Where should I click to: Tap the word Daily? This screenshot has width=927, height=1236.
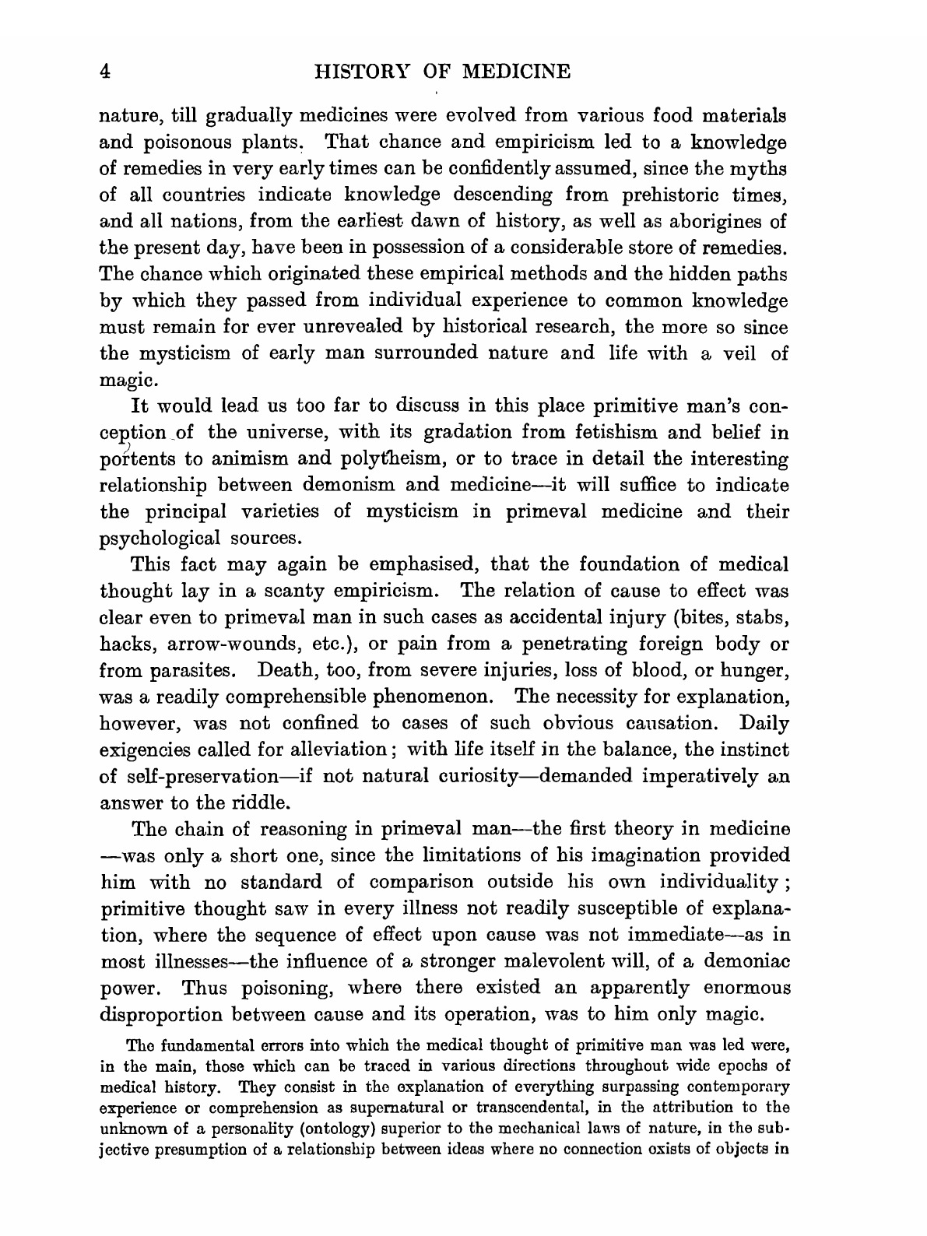click(x=764, y=724)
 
